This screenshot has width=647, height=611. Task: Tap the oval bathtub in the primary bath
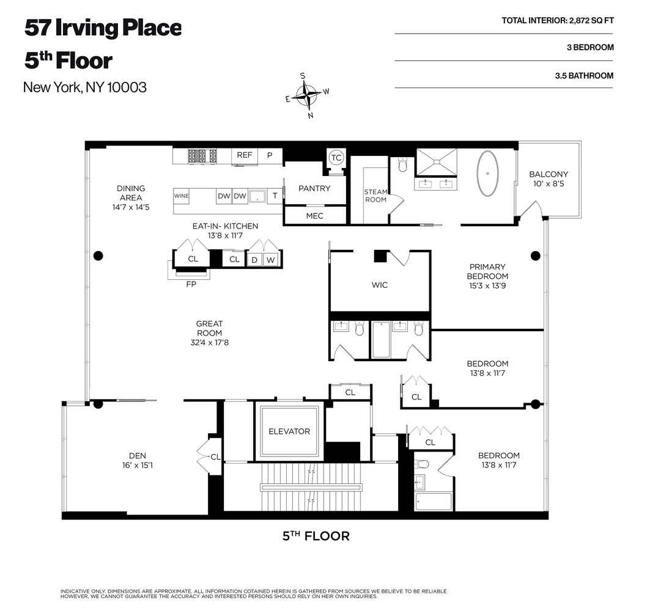pos(487,174)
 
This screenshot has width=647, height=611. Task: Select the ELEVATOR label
pos(289,431)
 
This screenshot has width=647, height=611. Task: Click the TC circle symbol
pos(336,158)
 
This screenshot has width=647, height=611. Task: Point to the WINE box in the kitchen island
pos(181,196)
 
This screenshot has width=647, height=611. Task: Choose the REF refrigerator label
pos(244,155)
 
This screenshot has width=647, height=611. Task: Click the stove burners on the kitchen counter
pos(202,156)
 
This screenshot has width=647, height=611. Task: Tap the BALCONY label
pos(549,174)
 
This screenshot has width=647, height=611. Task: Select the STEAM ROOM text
pos(375,196)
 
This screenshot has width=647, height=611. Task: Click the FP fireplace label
pos(191,284)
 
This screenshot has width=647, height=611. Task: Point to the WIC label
pos(379,285)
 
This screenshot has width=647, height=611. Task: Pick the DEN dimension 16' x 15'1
pos(138,465)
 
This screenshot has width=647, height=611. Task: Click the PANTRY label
pos(314,188)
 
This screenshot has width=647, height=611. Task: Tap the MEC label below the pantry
pos(314,216)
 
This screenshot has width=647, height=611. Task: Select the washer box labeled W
pos(270,260)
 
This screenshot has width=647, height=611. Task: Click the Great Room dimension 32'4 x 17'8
pos(209,342)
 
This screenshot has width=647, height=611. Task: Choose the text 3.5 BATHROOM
pos(584,76)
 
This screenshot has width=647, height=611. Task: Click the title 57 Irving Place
pos(103,28)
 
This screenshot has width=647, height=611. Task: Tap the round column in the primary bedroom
pos(535,256)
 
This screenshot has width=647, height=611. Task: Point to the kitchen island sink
pos(257,196)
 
